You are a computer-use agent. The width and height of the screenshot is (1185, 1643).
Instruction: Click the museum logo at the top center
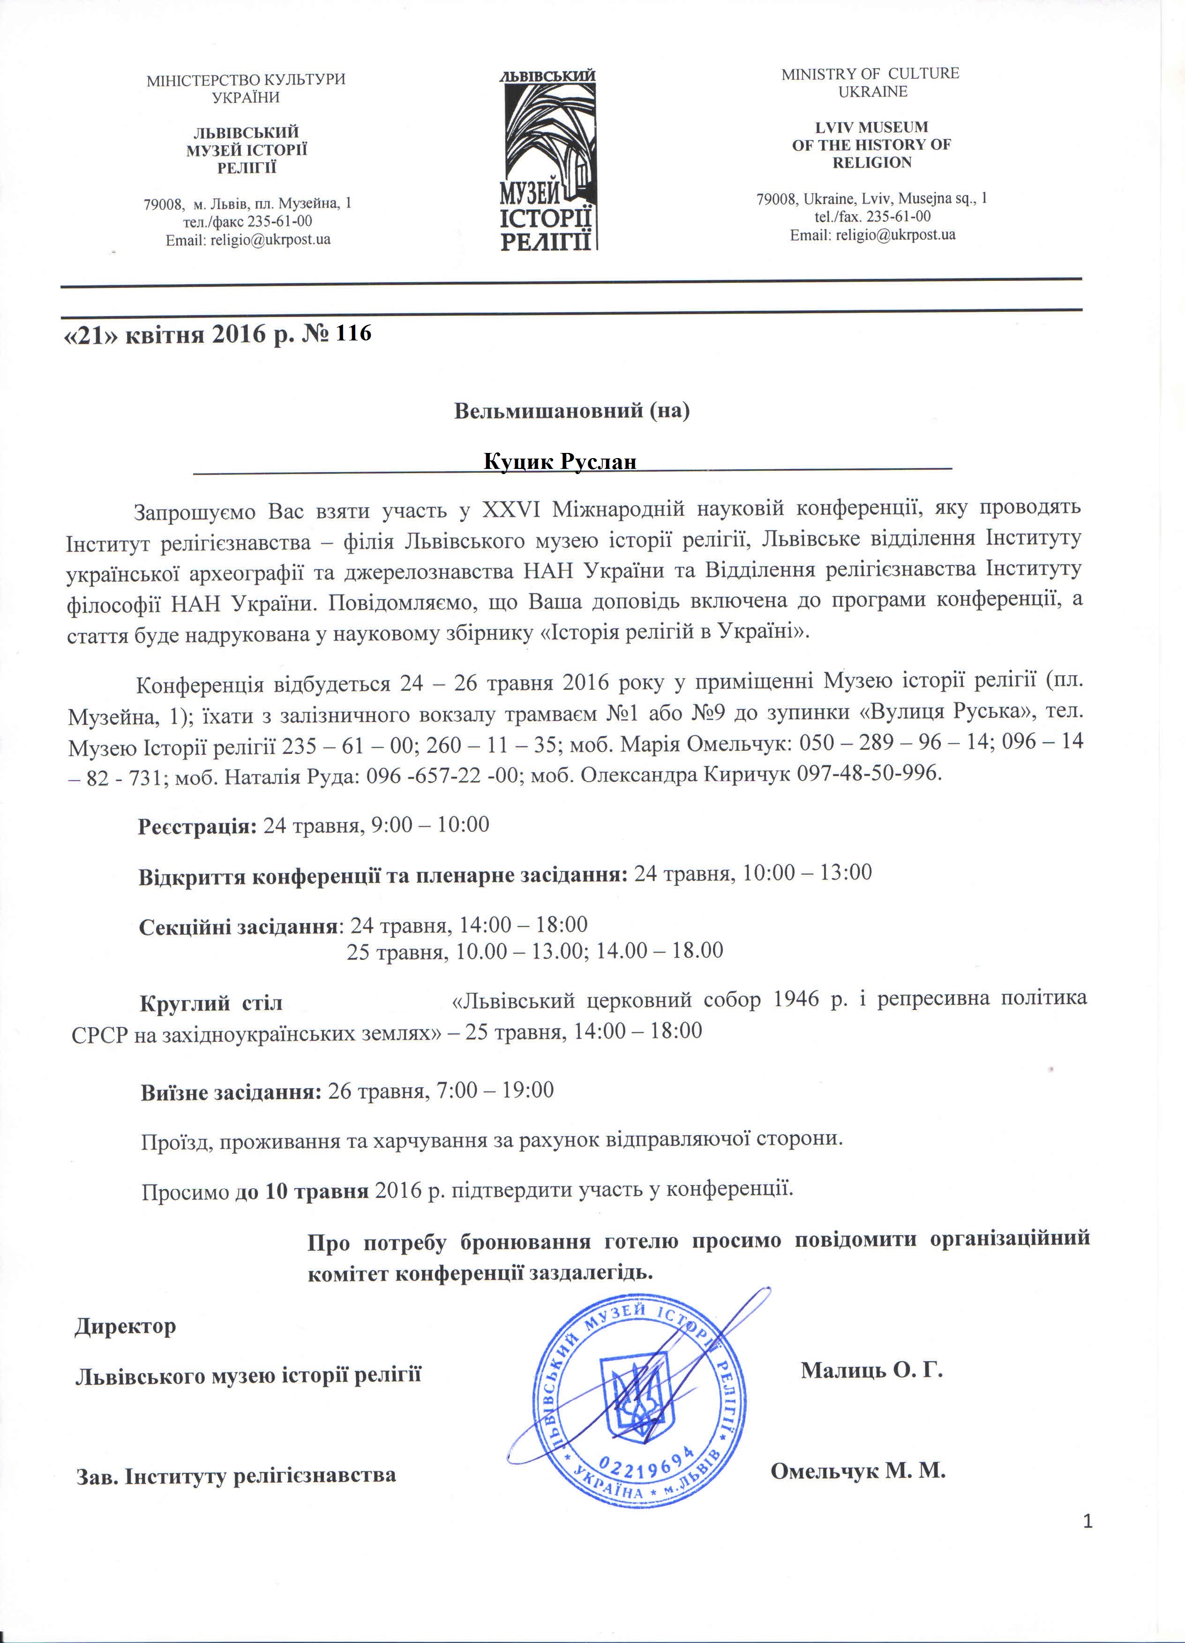548,159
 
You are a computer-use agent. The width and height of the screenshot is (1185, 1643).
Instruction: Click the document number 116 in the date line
354,333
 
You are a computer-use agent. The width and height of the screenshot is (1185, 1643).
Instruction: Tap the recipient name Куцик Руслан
559,461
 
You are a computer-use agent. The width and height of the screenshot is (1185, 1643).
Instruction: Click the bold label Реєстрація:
197,826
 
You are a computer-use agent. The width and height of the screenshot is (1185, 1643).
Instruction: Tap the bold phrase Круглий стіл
211,1004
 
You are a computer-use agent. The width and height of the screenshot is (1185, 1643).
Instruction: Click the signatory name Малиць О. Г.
871,1371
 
